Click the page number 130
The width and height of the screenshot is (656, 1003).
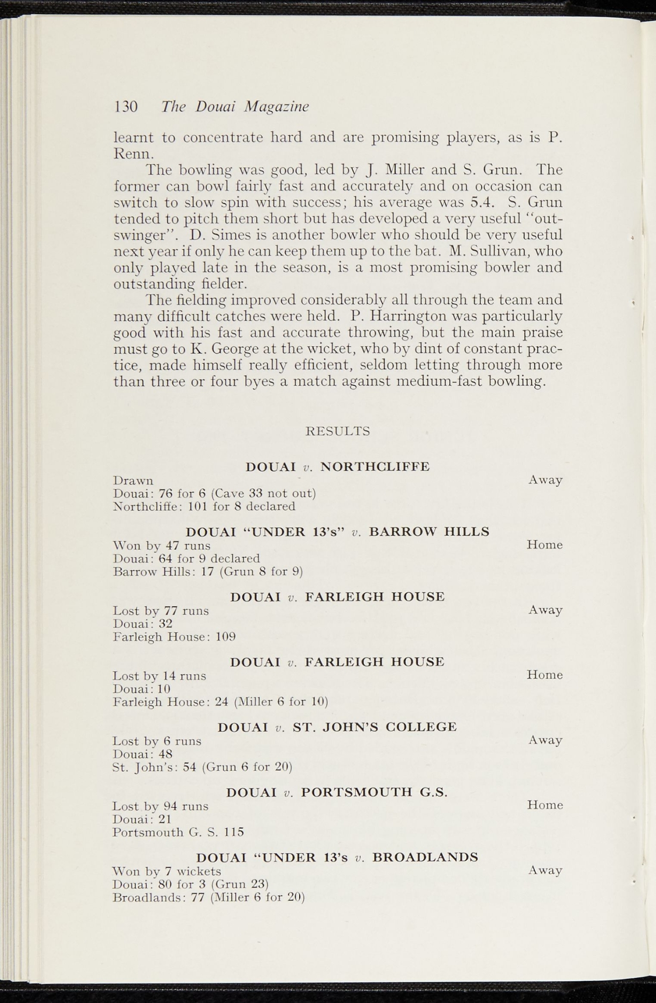[126, 107]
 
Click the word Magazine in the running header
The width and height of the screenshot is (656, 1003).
[277, 107]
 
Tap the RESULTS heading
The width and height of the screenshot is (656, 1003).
[338, 431]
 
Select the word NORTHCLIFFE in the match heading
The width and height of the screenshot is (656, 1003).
[375, 467]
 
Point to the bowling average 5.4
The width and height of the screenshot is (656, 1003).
[482, 202]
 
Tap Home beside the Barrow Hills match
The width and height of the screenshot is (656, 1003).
[544, 545]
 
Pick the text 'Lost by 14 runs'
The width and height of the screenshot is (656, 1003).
[159, 676]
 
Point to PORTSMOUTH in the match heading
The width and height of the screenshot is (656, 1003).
[357, 792]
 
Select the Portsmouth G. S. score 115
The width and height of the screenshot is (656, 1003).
[234, 832]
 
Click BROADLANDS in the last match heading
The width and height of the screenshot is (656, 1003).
[425, 858]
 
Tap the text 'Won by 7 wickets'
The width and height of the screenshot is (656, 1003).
[167, 871]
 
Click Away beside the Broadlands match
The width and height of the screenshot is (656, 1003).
[545, 870]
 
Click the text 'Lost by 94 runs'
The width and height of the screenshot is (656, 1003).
[160, 806]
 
